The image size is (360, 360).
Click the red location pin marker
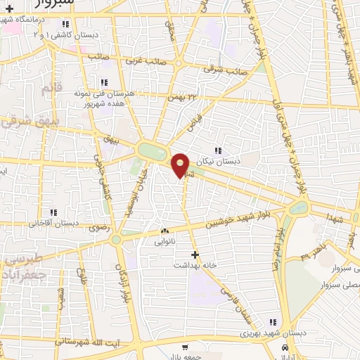pyautogui.click(x=181, y=165)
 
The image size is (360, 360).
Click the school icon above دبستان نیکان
pyautogui.click(x=219, y=150)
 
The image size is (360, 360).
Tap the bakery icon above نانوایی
pyautogui.click(x=165, y=231)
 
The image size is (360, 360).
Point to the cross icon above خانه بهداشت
pyautogui.click(x=195, y=254)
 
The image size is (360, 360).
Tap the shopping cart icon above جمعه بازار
pyautogui.click(x=185, y=347)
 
